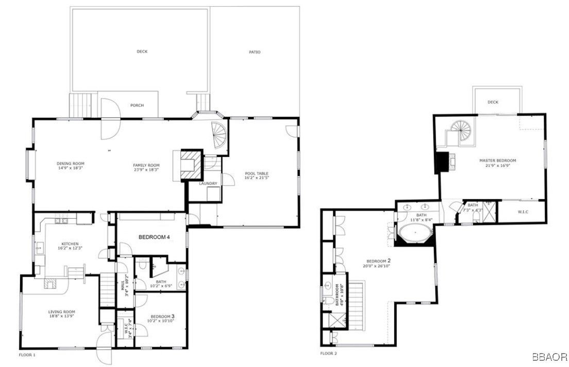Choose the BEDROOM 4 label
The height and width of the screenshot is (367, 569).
click(x=154, y=237)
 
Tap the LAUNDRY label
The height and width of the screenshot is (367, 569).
click(x=208, y=184)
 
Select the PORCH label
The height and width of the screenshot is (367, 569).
click(x=137, y=105)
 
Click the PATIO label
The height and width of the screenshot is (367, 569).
click(x=255, y=52)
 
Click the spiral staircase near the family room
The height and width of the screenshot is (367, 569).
click(x=220, y=137)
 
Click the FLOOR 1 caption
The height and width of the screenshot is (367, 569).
click(x=27, y=356)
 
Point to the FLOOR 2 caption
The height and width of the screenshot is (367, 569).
click(x=328, y=354)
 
